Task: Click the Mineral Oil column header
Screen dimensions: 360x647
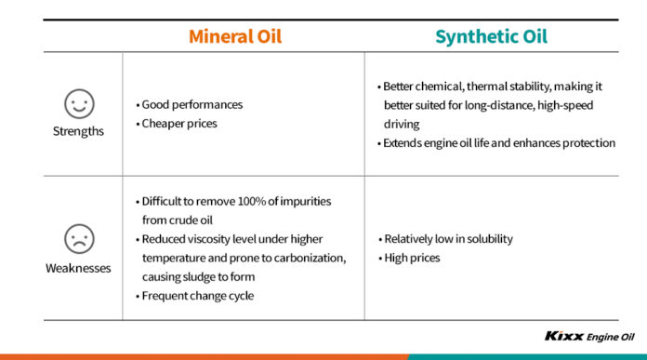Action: click(235, 37)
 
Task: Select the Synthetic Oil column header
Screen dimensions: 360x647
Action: click(492, 37)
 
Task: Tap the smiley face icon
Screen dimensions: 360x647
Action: click(79, 102)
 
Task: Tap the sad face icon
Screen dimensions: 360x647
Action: click(79, 239)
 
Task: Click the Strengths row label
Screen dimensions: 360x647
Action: click(79, 131)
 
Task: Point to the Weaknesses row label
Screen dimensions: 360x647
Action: click(79, 268)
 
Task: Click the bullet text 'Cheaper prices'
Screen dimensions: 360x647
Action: click(180, 123)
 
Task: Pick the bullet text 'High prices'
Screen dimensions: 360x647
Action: click(412, 257)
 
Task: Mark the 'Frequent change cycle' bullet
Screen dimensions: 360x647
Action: click(196, 295)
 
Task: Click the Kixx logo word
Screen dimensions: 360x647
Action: click(563, 337)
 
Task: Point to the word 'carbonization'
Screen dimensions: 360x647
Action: click(294, 258)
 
